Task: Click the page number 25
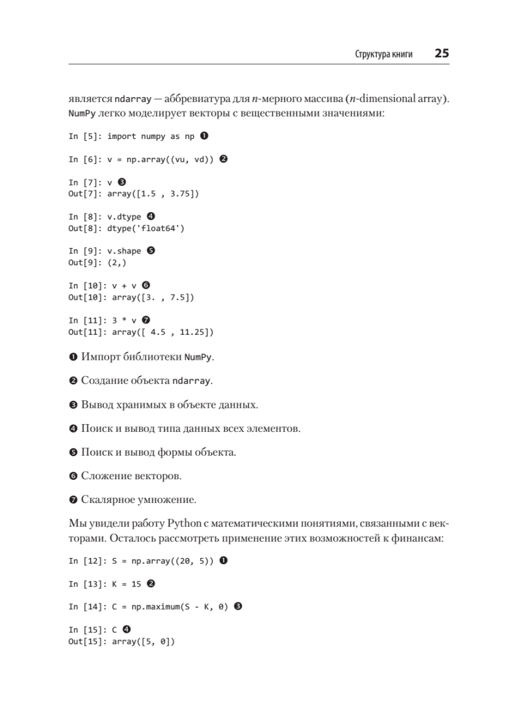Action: (x=441, y=53)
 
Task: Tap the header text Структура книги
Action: (x=383, y=54)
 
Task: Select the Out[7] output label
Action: (x=85, y=194)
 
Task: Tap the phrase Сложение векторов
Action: (x=131, y=476)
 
